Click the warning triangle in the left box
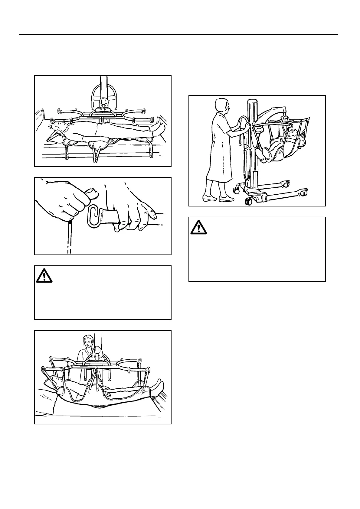tap(44, 275)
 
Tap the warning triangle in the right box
tap(199, 227)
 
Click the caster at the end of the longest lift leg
tap(303, 191)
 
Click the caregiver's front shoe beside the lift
tap(226, 199)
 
